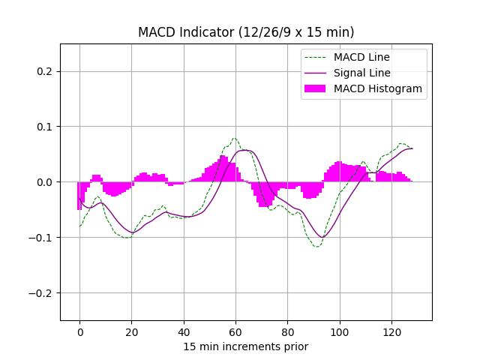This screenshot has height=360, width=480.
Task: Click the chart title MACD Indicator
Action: coord(246,32)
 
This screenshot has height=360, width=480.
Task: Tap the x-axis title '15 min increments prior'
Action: coord(246,346)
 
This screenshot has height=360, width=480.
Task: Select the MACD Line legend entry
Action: coord(361,57)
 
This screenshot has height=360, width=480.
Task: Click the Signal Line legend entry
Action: coord(361,73)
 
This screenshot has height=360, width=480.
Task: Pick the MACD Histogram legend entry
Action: coord(377,88)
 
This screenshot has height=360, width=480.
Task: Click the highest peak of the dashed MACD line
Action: coord(235,138)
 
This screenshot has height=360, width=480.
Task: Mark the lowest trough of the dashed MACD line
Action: coord(316,247)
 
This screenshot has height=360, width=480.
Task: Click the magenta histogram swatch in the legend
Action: coord(315,88)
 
